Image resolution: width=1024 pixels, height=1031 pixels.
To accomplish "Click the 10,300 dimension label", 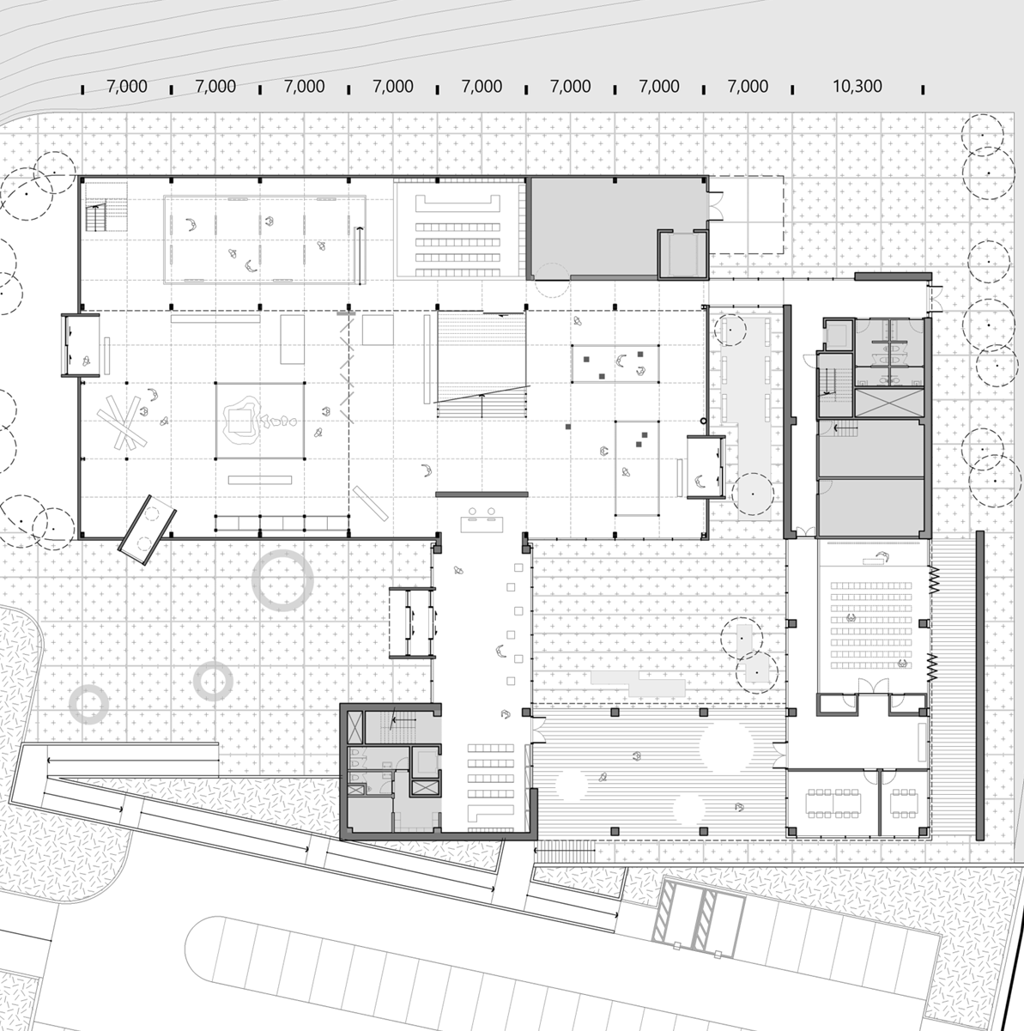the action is pyautogui.click(x=857, y=86).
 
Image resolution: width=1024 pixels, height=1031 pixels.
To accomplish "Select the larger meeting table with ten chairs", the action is pyautogui.click(x=834, y=803).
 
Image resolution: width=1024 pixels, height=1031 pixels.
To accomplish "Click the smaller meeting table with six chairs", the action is pyautogui.click(x=903, y=803).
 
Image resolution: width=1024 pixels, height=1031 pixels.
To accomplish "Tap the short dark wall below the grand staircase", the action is pyautogui.click(x=482, y=494).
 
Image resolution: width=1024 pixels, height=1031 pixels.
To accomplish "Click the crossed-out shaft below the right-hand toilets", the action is pyautogui.click(x=889, y=403).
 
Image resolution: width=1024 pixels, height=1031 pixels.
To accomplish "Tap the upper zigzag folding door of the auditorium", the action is pyautogui.click(x=935, y=579).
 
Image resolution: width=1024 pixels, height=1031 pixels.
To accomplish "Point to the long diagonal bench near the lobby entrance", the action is pyautogui.click(x=370, y=503).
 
